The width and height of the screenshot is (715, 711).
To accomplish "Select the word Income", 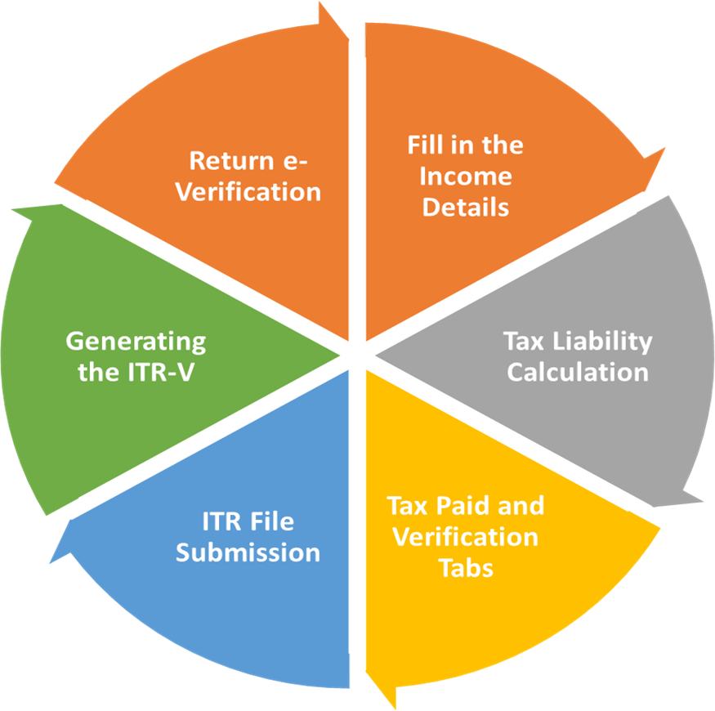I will tap(466, 176).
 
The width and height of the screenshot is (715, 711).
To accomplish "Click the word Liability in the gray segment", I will tap(606, 341).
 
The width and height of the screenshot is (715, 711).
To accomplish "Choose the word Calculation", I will tap(578, 372).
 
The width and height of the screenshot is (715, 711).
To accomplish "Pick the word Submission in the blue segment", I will tap(248, 552).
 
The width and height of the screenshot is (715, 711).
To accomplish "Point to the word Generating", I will tap(136, 340).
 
